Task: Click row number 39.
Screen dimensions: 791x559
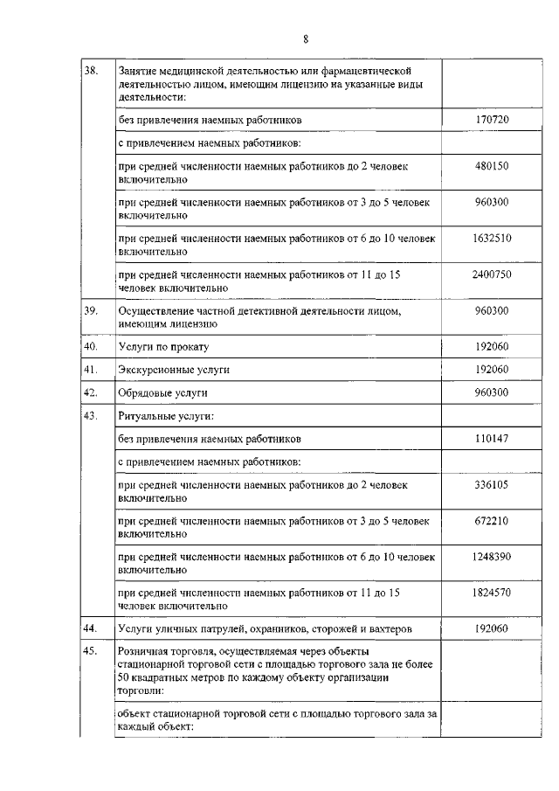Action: pyautogui.click(x=89, y=310)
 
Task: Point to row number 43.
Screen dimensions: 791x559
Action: pyautogui.click(x=89, y=415)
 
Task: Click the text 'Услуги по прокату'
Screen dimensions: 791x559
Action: pyautogui.click(x=162, y=347)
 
